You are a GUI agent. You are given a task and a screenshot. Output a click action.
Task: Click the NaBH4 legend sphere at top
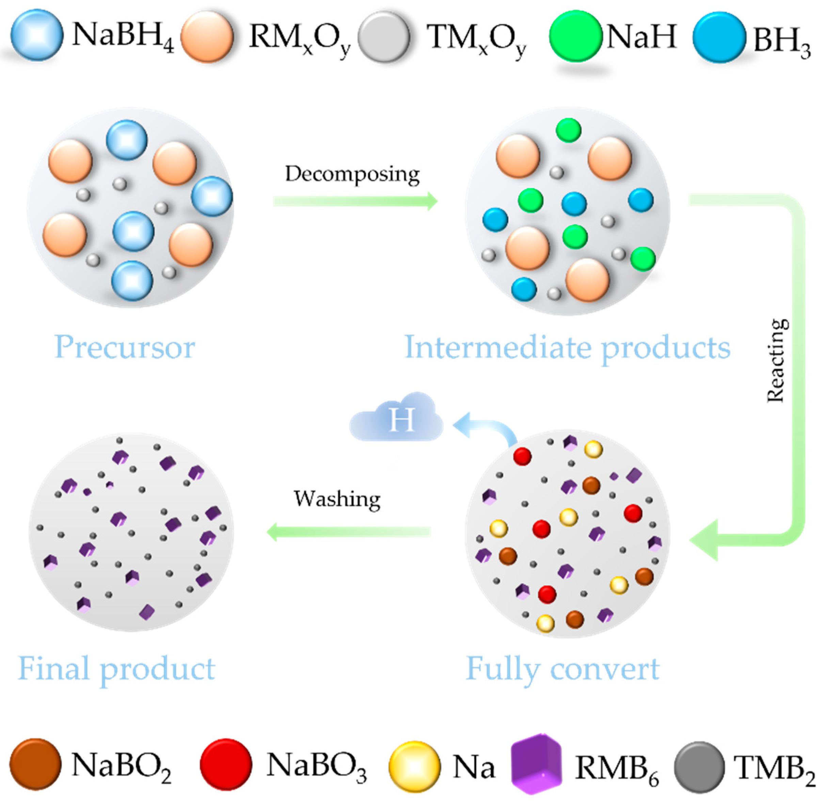[37, 36]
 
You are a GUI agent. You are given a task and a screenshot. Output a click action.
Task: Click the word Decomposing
[352, 174]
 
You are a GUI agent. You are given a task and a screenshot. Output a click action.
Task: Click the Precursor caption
[125, 348]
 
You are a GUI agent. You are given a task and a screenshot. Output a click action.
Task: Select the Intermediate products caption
[567, 348]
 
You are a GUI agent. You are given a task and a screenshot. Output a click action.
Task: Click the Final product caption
[116, 669]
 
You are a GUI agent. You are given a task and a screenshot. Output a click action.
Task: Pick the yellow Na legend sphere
[414, 766]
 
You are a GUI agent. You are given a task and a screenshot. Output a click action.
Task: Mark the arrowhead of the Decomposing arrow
[432, 200]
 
